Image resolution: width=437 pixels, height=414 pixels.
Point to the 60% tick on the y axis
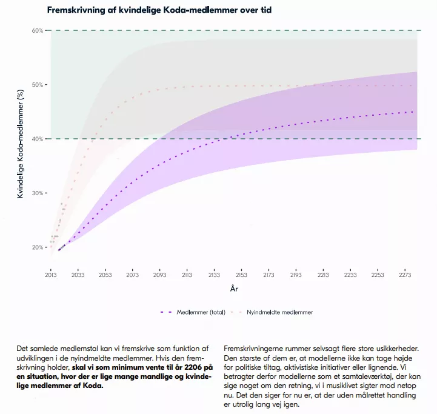click(x=37, y=30)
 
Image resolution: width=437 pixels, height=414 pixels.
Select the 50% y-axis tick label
click(x=37, y=85)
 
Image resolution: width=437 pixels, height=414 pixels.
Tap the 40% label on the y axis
click(x=37, y=139)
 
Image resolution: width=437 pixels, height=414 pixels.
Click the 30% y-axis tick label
click(x=37, y=193)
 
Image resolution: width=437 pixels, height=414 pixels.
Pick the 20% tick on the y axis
click(x=37, y=247)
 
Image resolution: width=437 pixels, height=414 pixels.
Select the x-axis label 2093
click(x=160, y=274)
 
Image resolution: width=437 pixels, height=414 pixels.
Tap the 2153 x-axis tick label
click(x=242, y=274)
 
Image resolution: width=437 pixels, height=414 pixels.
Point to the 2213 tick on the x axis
click(x=324, y=274)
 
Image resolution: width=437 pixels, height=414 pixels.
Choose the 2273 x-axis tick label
click(x=405, y=274)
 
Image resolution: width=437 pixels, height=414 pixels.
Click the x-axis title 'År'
click(x=234, y=289)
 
